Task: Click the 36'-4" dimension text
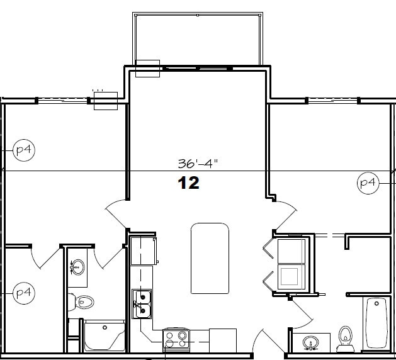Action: coord(197,164)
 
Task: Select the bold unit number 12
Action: coord(188,183)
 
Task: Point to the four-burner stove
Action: coord(176,340)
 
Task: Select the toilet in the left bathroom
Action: coord(81,302)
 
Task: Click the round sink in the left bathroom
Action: coord(77,267)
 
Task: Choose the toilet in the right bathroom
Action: coord(344,337)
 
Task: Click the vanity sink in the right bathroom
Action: coord(310,343)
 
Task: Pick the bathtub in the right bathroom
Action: coord(376,323)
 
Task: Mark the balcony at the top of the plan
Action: coord(196,38)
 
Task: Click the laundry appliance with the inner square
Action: coord(290,276)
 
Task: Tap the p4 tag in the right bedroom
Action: coord(368,183)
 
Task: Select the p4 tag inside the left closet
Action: coord(23,293)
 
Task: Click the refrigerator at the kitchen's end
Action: coord(144,250)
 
